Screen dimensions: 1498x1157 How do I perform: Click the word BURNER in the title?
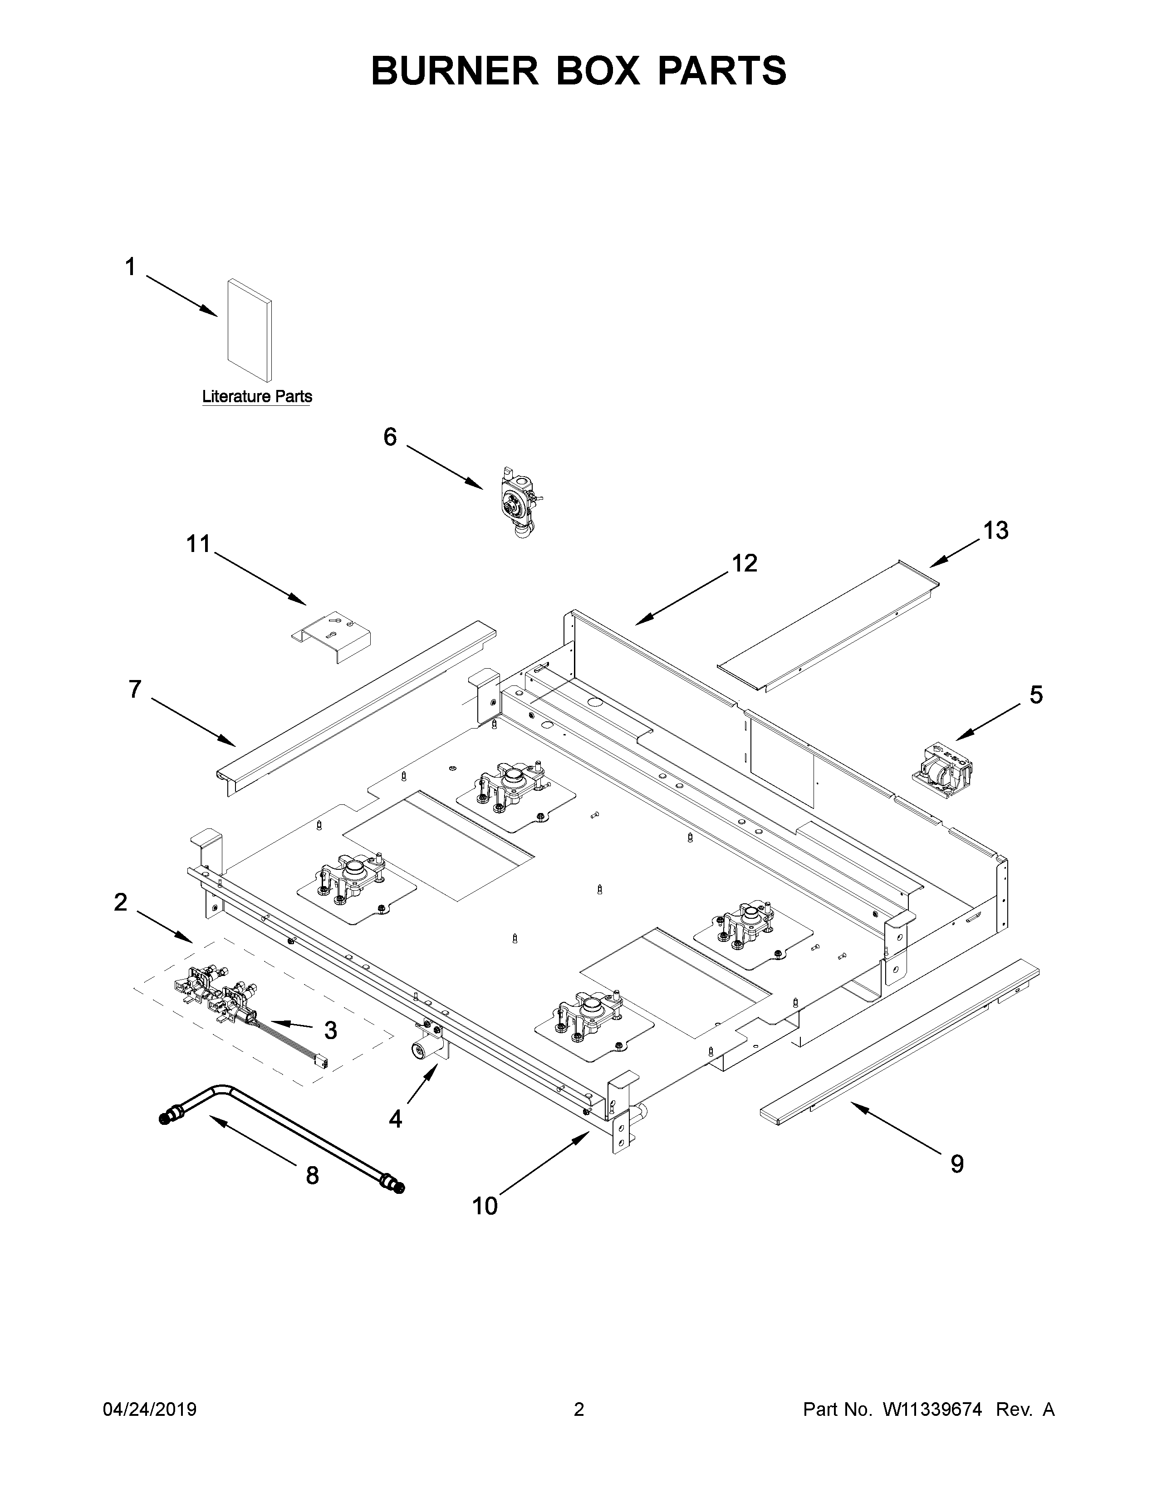click(455, 71)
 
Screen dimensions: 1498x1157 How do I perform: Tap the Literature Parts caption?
click(257, 396)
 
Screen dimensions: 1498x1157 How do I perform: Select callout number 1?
click(130, 267)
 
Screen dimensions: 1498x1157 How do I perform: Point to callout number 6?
click(390, 437)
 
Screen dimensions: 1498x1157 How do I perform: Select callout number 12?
click(745, 563)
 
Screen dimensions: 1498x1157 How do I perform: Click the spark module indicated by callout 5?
click(943, 772)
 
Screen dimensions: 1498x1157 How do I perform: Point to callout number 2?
click(121, 902)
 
